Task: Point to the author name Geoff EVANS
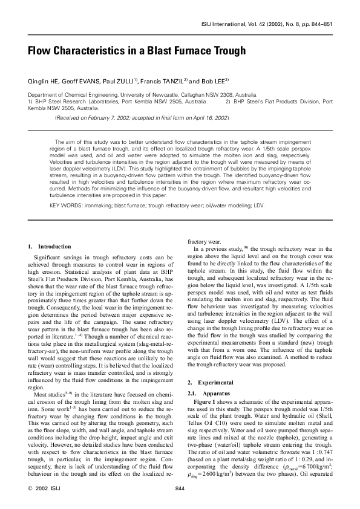tap(85, 81)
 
